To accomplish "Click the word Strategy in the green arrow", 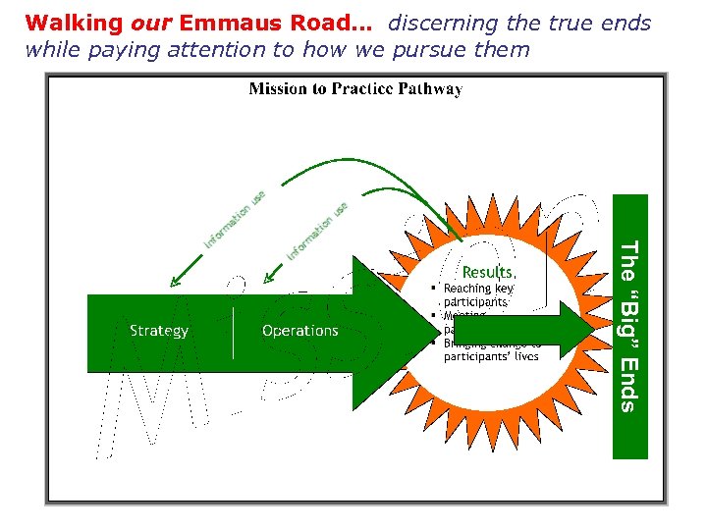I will pos(159,331).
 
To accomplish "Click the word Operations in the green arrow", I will pos(299,331).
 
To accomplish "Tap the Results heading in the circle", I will pos(489,271).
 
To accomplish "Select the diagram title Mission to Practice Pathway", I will pos(355,89).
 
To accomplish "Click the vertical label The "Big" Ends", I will pos(630,326).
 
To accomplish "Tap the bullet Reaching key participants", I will pos(478,294).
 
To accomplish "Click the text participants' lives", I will pos(491,356).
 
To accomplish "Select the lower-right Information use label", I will pos(317,231).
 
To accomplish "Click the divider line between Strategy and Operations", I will pos(233,331).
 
